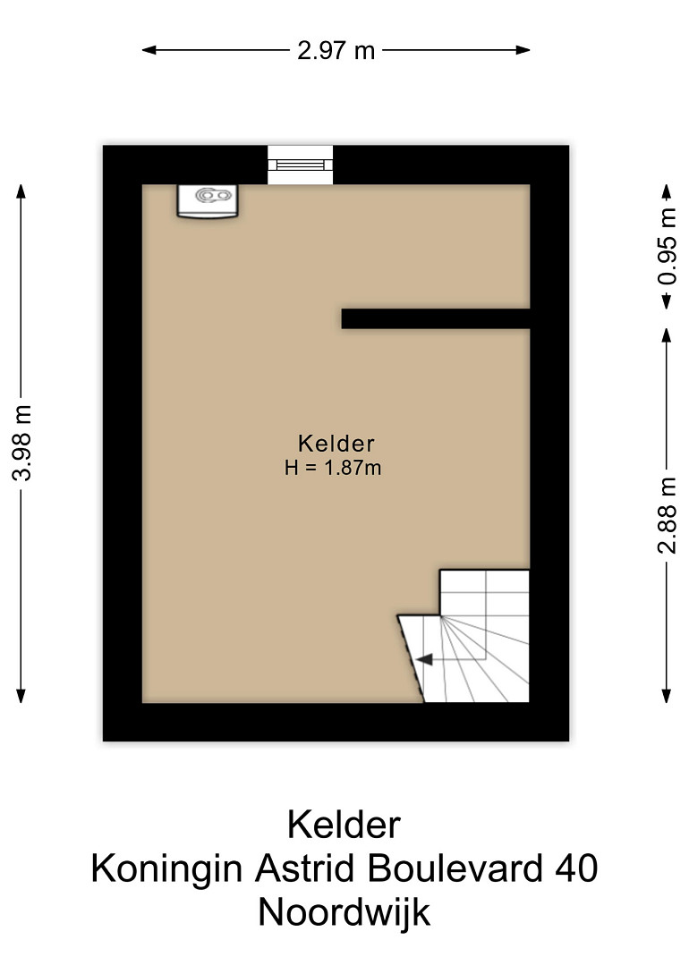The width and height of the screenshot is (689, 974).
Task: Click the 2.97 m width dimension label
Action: (336, 50)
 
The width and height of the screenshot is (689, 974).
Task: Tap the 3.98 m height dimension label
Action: (21, 442)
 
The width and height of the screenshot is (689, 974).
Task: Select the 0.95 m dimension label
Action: (667, 246)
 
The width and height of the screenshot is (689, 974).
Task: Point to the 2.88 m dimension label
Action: (667, 515)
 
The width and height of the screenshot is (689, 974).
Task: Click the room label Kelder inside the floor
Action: (336, 444)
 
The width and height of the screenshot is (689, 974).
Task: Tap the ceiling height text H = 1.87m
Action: (333, 467)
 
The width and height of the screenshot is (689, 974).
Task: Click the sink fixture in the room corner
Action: (208, 200)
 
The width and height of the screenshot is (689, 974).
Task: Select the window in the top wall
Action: (300, 165)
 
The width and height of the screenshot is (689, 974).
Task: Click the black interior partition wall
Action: (436, 318)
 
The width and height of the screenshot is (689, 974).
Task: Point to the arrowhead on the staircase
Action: (424, 659)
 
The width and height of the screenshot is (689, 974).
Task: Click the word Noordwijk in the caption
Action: (344, 913)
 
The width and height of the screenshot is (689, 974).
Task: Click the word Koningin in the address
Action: (167, 869)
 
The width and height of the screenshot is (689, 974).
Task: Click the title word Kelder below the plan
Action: (344, 825)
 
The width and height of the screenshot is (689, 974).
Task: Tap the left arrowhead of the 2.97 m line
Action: (149, 50)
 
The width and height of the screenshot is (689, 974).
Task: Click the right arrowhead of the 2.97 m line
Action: (523, 50)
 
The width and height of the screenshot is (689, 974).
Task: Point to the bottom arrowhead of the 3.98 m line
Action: (21, 696)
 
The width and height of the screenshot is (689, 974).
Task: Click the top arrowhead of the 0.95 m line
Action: (667, 191)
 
